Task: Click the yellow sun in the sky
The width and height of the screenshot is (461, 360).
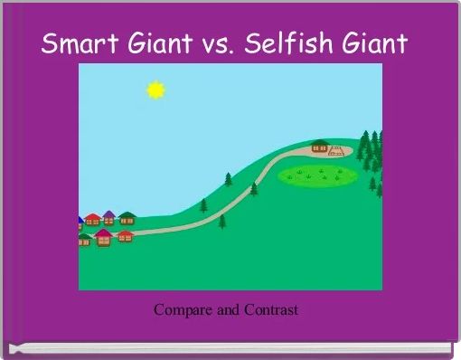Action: tap(156, 89)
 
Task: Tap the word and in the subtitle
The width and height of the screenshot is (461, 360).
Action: tap(227, 310)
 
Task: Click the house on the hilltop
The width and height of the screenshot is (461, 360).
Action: tap(319, 146)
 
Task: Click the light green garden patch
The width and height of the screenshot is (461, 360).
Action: tap(315, 174)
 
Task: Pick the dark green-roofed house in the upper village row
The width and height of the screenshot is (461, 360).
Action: tap(127, 218)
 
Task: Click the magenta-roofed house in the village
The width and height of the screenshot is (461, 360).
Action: tap(104, 237)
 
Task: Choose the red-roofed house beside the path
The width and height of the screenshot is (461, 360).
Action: tap(125, 235)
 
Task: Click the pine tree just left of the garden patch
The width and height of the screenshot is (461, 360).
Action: tap(254, 188)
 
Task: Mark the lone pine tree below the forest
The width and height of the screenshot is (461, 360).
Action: tap(373, 184)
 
